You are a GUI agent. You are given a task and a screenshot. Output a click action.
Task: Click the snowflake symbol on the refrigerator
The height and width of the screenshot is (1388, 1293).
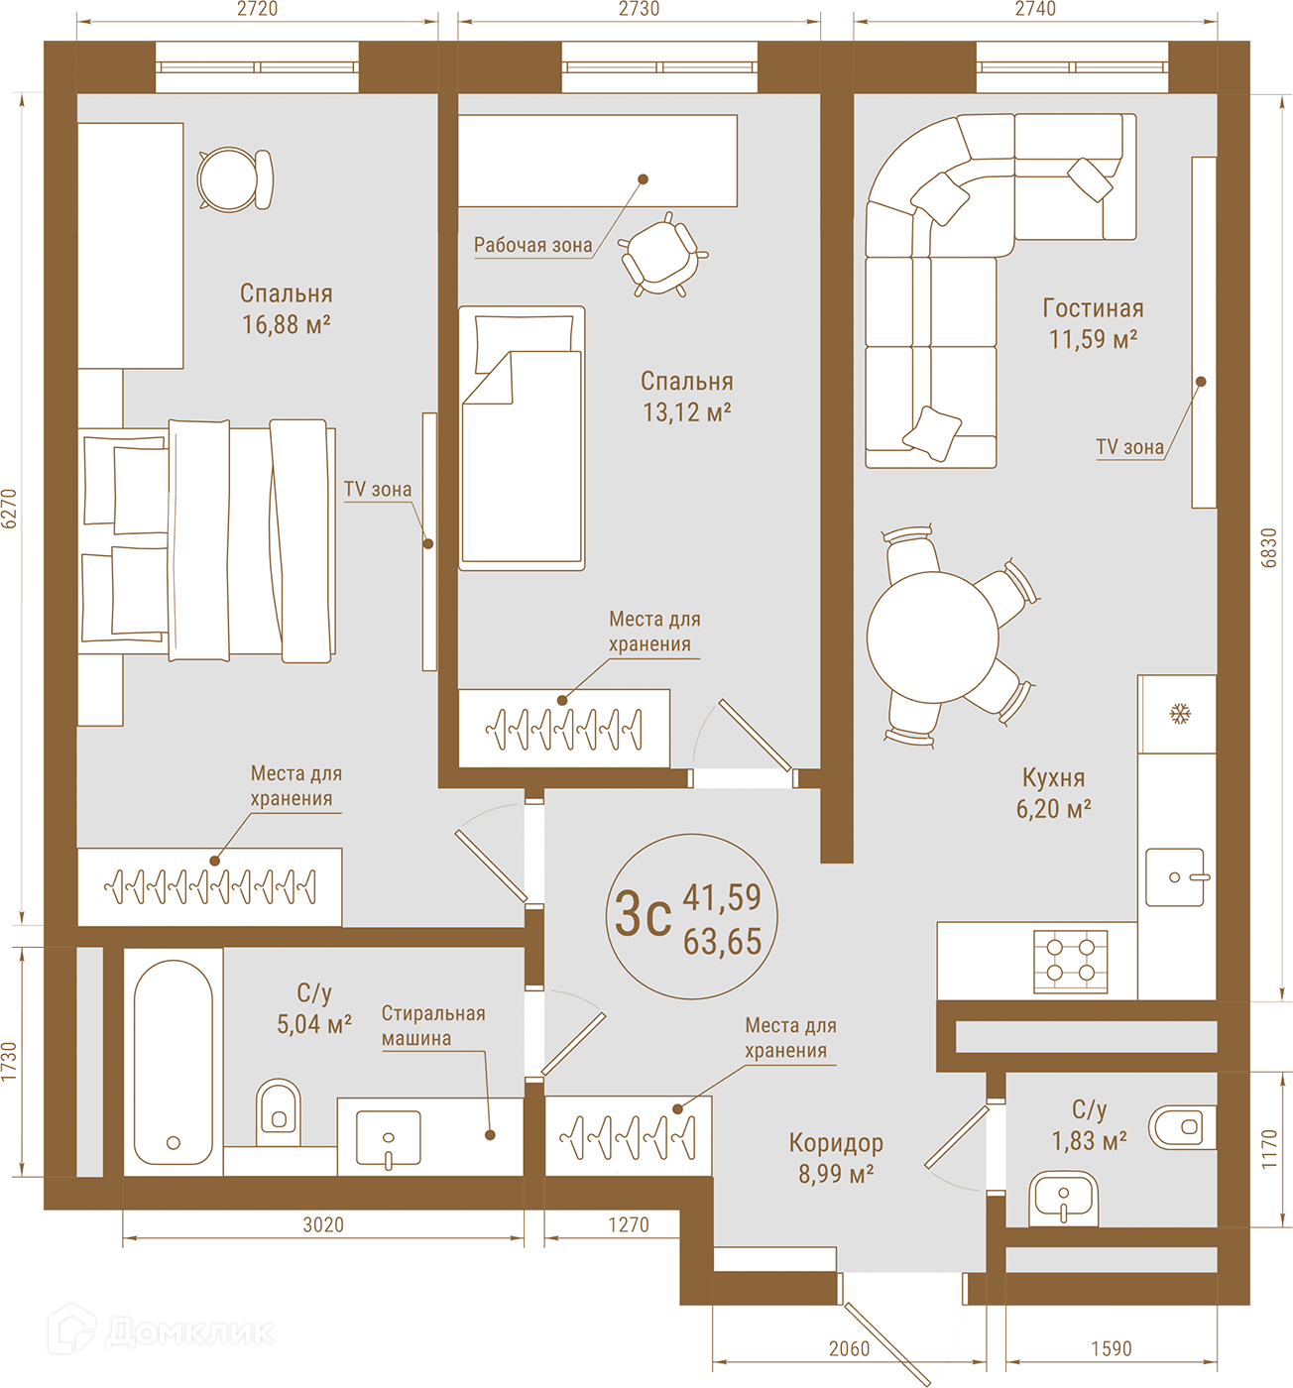pos(1180,714)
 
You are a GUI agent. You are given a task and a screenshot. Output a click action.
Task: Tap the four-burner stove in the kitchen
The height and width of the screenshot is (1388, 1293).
pos(1070,961)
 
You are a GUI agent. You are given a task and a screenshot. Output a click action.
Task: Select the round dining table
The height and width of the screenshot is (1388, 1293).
pos(932,636)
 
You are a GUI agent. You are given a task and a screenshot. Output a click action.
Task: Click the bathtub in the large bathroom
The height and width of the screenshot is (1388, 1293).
pos(174,1062)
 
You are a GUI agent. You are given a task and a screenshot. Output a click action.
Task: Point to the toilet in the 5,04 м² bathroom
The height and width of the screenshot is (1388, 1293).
pos(279,1112)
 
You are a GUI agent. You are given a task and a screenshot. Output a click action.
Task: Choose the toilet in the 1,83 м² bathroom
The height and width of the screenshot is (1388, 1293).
pos(1182,1126)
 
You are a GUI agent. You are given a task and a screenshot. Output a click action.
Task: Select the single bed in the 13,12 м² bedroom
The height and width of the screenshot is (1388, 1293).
pos(521,438)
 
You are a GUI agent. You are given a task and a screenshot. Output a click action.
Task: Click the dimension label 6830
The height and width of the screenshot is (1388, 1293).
pos(1268,547)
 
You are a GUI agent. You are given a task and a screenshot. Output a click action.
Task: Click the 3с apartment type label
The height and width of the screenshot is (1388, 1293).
pos(643,915)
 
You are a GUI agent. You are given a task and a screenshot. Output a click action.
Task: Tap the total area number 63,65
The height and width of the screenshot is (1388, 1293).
pos(722,942)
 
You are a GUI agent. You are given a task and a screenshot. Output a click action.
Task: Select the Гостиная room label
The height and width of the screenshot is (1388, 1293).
pos(1093,307)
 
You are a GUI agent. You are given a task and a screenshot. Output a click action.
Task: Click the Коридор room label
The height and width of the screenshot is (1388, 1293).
pos(836,1143)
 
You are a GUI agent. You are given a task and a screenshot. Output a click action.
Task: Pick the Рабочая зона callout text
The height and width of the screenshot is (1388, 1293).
pos(532,245)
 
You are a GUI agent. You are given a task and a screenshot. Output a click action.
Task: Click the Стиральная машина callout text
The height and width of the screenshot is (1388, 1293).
pos(433,1025)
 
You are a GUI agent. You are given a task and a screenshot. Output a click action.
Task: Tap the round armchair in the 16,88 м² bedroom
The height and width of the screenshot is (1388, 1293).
pos(235,179)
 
